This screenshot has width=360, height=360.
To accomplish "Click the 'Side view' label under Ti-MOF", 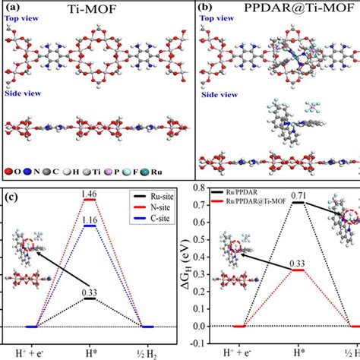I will click(x=24, y=95).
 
